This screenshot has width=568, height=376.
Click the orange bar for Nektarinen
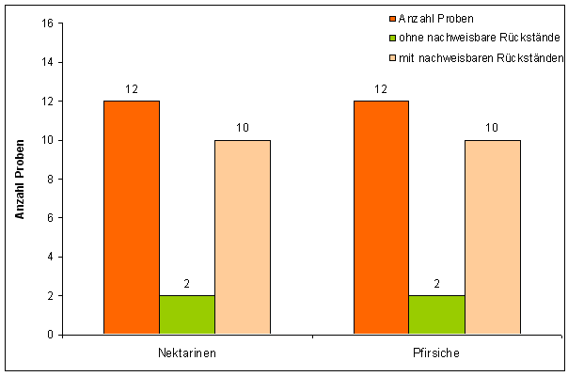pos(132,217)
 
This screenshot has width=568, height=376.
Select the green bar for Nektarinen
pos(187,315)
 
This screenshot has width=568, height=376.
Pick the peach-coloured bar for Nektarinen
pos(243,237)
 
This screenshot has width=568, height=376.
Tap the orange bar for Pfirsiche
pos(381,217)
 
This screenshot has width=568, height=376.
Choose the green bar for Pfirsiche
pos(436,315)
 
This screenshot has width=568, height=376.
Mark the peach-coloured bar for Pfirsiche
pos(492,237)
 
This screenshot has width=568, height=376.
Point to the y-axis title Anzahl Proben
pos(20,180)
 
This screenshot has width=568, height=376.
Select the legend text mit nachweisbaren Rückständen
pos(477,58)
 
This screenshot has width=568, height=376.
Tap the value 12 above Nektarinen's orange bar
pos(132,89)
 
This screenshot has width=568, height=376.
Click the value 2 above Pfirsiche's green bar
pos(436,284)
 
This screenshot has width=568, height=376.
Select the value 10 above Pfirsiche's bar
pos(492,128)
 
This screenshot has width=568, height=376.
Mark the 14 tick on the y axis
pos(46,62)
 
